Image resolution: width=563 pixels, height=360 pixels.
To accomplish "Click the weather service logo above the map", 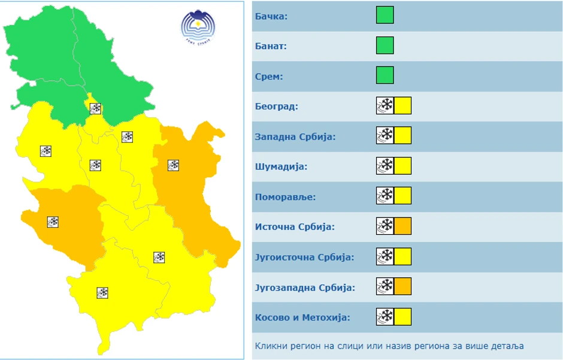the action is coord(198,28).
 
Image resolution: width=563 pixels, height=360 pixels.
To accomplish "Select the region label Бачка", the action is coord(271,16).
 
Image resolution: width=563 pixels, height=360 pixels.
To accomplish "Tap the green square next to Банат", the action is coord(385,46).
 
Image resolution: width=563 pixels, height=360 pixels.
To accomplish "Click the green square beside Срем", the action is coord(385,75).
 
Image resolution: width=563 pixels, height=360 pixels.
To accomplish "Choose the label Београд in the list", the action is coord(276,107).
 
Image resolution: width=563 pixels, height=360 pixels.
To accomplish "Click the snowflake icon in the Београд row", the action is coord(385,106).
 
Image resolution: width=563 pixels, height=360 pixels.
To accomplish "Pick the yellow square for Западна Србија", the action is coord(403,136).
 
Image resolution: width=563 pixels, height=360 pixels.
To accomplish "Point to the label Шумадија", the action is coord(281,167).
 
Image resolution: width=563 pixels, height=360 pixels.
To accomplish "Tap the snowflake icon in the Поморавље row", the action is coord(385,196).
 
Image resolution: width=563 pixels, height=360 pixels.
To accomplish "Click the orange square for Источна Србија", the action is coord(403,226).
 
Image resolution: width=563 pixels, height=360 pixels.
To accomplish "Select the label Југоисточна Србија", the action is coord(304,257).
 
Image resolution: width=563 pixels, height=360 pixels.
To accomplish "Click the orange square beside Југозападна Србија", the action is coord(403,286).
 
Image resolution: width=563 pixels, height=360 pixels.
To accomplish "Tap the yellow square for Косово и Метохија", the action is coord(403,316).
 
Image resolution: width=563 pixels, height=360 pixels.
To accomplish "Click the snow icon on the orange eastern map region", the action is coord(174,165).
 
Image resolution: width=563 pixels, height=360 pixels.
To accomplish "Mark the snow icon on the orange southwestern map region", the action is coord(53,222).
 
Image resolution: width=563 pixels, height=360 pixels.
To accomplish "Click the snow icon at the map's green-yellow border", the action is coord(95,108).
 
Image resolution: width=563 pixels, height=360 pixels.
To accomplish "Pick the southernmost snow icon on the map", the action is coord(102,293).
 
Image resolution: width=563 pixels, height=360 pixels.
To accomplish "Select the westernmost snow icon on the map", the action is coord(46,151).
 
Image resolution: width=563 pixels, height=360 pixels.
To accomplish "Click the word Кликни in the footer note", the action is coord(270,346).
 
